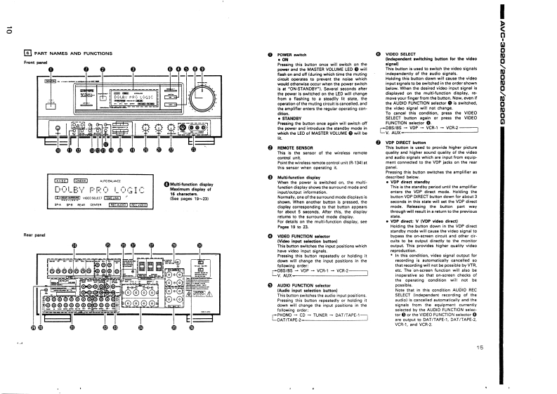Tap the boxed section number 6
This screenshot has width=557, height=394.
point(27,53)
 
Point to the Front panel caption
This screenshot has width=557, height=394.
point(36,62)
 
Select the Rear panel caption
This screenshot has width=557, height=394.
point(34,234)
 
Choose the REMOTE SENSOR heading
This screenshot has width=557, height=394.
point(295,149)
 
